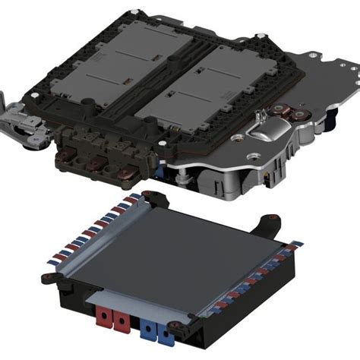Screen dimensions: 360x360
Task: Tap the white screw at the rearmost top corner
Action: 137,10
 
